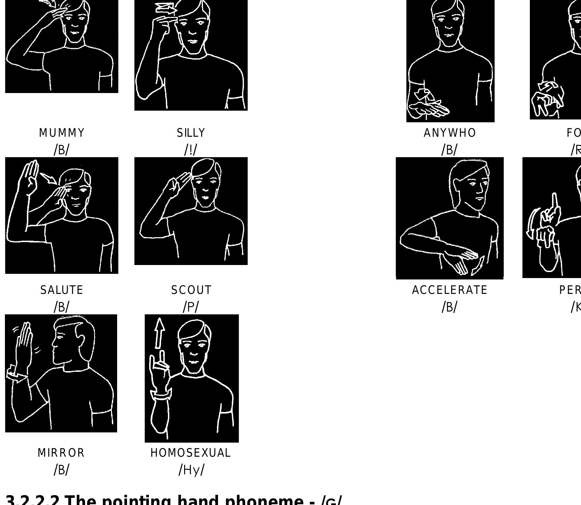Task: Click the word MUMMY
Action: click(x=62, y=133)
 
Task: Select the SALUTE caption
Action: click(x=62, y=290)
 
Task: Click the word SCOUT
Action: click(x=191, y=290)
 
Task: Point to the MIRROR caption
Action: click(x=61, y=453)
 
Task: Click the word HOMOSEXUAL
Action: click(x=190, y=453)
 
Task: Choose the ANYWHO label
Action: click(x=450, y=133)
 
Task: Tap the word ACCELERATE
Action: click(x=450, y=290)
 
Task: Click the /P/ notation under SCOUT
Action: click(x=191, y=307)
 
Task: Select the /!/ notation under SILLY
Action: click(x=191, y=150)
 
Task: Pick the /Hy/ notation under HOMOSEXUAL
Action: click(x=191, y=470)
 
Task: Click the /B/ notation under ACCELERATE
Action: click(x=449, y=307)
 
